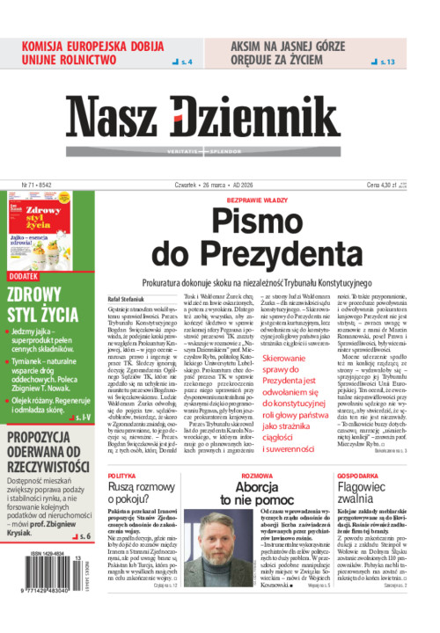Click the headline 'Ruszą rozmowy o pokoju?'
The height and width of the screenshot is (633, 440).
point(143,492)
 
